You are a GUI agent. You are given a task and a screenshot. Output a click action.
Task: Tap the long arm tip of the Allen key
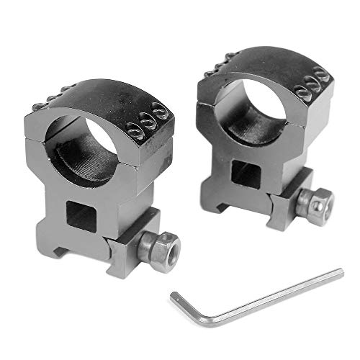[340, 271]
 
